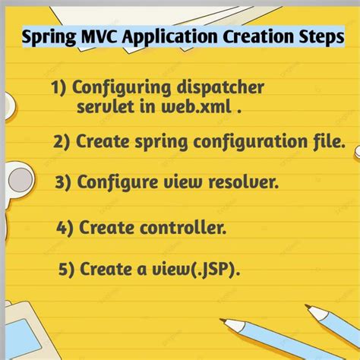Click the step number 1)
click(x=60, y=88)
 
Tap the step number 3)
click(x=65, y=182)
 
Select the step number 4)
click(x=67, y=226)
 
